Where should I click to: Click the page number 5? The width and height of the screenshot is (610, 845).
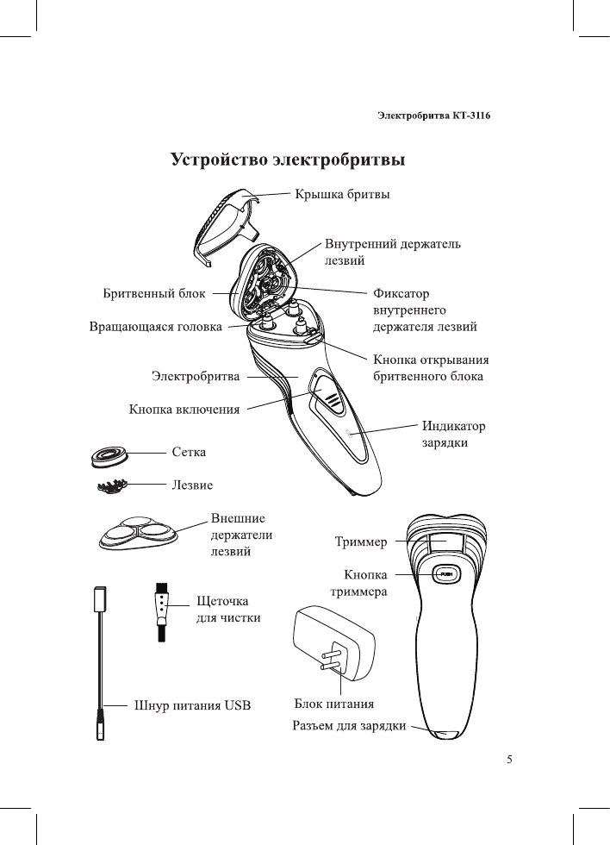click(x=509, y=760)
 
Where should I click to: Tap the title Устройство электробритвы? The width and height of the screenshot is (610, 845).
click(x=288, y=160)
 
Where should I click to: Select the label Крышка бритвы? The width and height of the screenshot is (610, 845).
click(x=342, y=195)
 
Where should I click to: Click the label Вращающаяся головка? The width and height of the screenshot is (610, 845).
click(x=155, y=328)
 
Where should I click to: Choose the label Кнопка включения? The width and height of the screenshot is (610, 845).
click(x=184, y=409)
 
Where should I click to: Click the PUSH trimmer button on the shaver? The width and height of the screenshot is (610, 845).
click(x=445, y=573)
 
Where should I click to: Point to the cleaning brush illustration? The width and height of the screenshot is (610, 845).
click(x=161, y=613)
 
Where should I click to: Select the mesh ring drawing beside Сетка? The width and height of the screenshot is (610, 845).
click(x=113, y=454)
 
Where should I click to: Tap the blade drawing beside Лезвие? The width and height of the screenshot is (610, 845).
click(x=113, y=487)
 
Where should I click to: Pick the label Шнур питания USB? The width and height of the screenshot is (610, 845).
click(x=191, y=704)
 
